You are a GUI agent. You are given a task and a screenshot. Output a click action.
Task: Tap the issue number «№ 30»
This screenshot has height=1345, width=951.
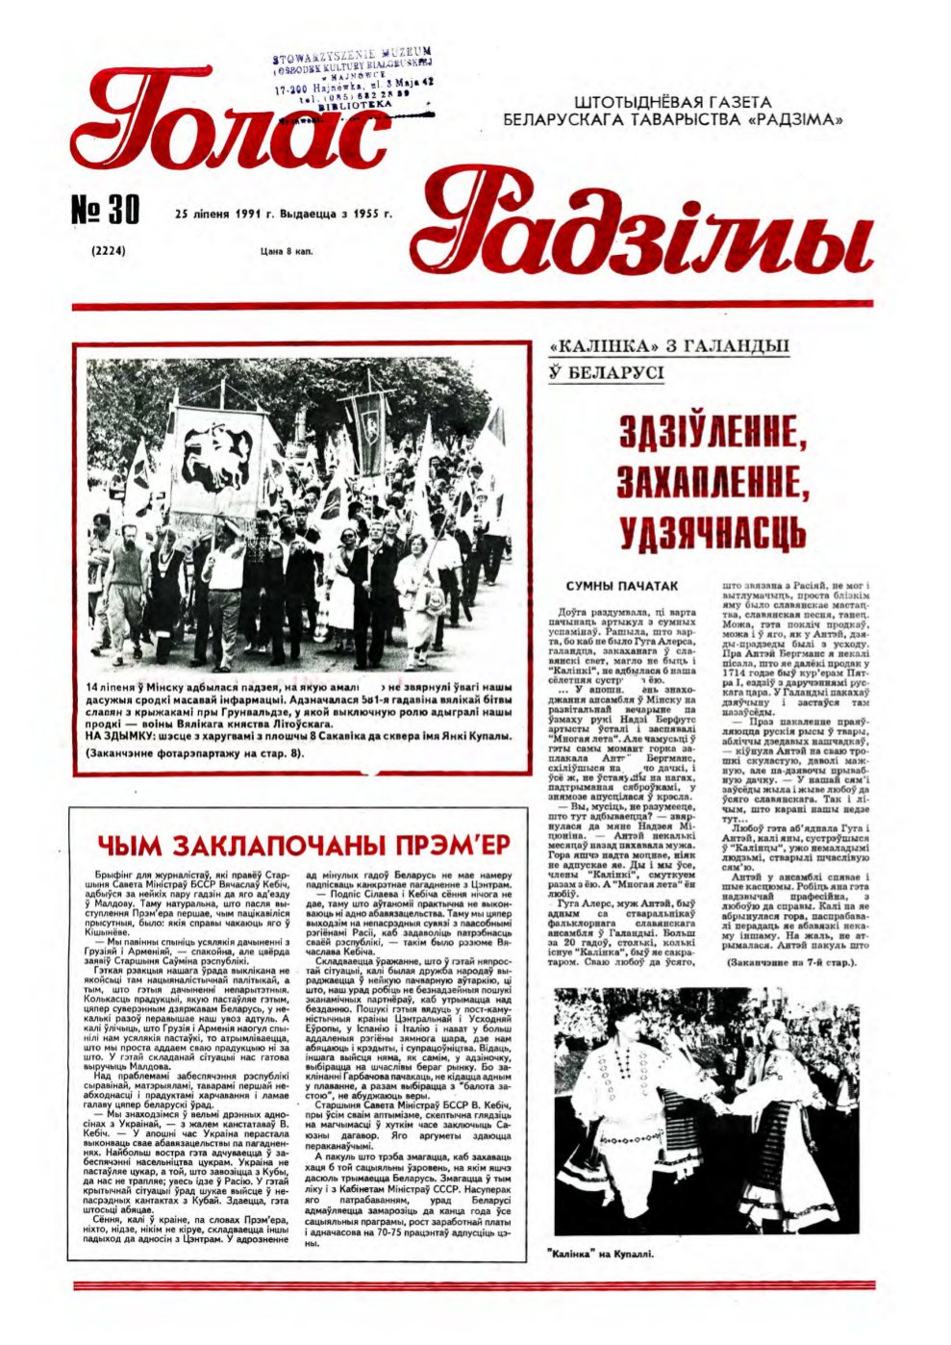point(106,210)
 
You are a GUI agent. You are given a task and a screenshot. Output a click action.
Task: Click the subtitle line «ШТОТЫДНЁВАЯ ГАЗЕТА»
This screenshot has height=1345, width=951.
point(672,102)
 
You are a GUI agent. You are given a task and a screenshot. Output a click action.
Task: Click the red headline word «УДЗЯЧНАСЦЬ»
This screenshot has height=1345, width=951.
point(712,531)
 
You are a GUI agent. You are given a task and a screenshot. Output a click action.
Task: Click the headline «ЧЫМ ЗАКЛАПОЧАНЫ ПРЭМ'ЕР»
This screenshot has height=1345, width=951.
point(303,845)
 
